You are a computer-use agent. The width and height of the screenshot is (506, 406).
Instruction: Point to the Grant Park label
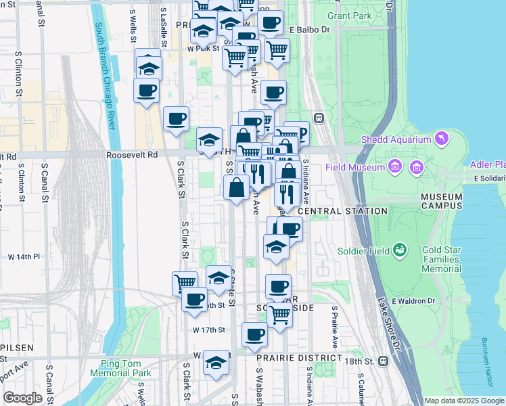pos(349,15)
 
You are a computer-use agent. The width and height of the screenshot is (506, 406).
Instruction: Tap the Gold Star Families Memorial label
pos(441,259)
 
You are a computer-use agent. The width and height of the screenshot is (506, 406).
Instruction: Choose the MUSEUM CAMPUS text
pos(441,201)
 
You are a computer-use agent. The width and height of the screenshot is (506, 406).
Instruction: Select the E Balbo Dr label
pos(309,30)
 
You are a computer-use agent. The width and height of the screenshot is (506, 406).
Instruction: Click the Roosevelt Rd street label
pos(132,154)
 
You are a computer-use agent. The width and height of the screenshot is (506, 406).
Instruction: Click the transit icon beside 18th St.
pos(384,361)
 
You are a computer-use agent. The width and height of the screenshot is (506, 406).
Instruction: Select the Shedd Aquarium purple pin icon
pos(442,139)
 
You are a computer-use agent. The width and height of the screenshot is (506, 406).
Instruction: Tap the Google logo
pos(22,398)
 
